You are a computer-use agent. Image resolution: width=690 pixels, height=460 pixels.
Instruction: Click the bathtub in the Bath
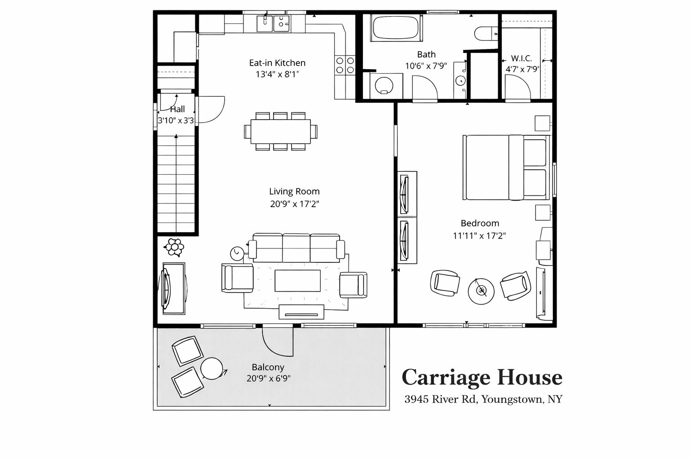[x=396, y=27]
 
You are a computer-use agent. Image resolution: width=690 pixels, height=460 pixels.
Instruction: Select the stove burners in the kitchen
[x=345, y=65]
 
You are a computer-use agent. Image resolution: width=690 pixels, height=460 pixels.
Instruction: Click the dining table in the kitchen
[x=281, y=131]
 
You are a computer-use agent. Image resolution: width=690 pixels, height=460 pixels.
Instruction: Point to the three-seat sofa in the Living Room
[x=296, y=248]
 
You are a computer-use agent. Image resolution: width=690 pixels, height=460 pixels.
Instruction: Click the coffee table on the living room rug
[x=297, y=280]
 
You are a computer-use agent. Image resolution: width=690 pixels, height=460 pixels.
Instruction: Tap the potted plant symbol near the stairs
[x=174, y=247]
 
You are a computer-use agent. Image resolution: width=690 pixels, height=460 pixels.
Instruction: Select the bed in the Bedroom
[x=506, y=167]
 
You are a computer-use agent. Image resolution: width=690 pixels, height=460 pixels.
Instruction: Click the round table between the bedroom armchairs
[x=481, y=291]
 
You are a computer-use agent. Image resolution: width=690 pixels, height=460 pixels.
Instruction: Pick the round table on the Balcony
[x=212, y=368]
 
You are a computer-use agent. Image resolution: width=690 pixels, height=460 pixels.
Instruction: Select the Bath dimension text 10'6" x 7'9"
[x=426, y=66]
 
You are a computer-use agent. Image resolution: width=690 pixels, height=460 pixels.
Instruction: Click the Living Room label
[x=295, y=191]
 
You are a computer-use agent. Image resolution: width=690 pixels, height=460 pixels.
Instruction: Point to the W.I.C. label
[x=521, y=58]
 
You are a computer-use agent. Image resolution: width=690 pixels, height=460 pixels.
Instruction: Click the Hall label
[x=177, y=109]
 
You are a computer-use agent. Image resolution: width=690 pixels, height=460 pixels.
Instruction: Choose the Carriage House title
[x=482, y=377]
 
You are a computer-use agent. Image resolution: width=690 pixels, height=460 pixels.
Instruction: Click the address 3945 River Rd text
[x=441, y=399]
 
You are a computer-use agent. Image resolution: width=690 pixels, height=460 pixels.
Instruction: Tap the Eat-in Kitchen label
[x=277, y=63]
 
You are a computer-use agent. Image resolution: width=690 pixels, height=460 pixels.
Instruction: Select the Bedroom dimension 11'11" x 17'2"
[x=479, y=236]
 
